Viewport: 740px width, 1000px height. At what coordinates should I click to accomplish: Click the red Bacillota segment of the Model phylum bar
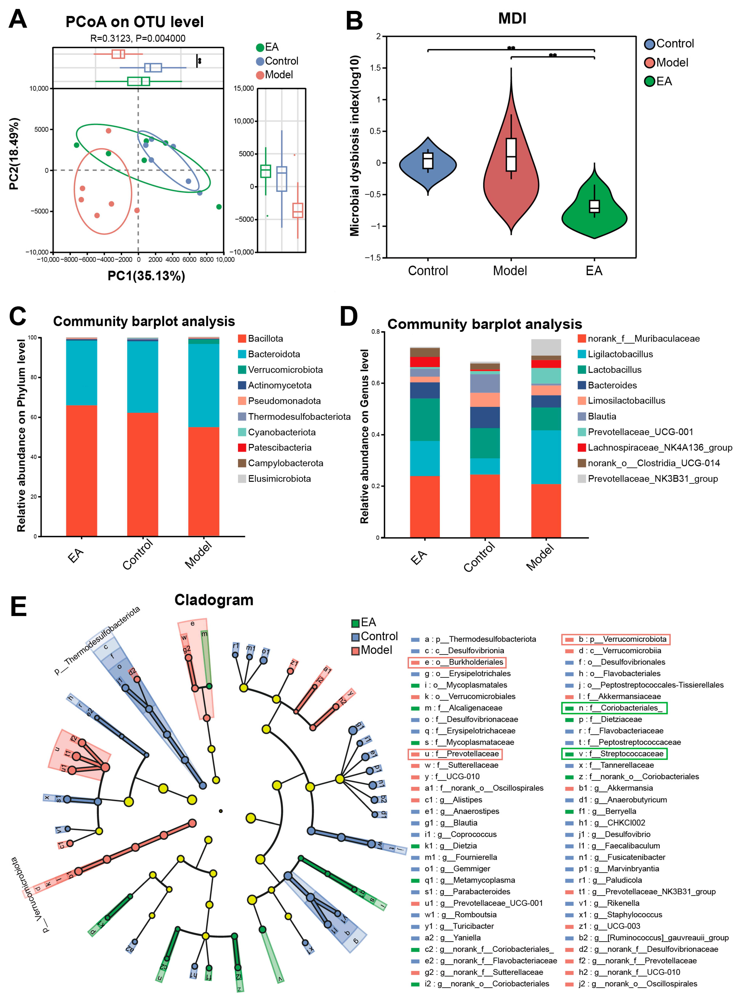(x=204, y=481)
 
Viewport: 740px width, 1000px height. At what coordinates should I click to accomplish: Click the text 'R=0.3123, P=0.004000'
(x=138, y=38)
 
